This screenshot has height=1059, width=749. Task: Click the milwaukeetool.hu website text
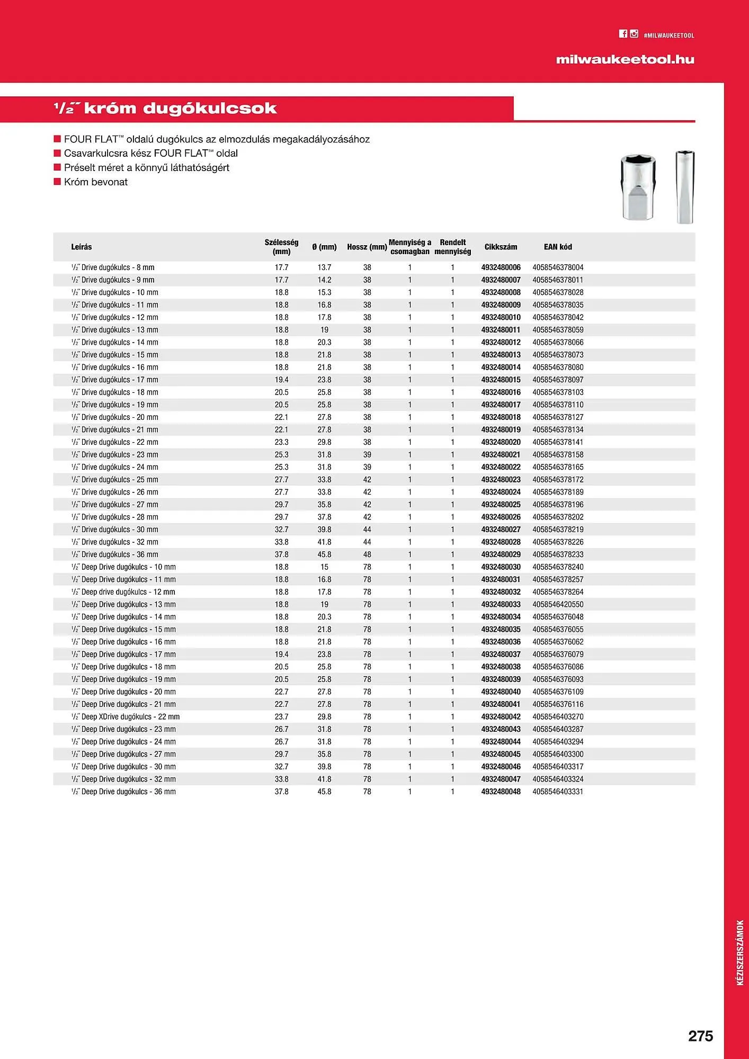pos(625,59)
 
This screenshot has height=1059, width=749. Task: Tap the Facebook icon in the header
pos(623,34)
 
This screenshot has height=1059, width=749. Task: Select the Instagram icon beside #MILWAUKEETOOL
pos(634,34)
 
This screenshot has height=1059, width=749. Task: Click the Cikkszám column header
pos(501,247)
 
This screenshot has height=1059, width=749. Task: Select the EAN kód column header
pos(558,247)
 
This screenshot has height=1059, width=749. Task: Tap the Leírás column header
pos(82,247)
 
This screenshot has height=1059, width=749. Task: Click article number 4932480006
pos(501,267)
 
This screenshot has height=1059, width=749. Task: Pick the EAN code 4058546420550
pos(558,604)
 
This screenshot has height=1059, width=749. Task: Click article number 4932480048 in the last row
pos(501,792)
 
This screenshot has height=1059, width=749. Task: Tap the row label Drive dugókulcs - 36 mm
pos(115,554)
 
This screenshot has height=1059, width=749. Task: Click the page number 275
pos(700,1036)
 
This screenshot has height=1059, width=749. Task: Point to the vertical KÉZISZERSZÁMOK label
pos(741,953)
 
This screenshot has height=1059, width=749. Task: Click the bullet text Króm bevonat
pos(95,182)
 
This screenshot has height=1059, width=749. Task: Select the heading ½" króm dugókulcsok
pos(165,109)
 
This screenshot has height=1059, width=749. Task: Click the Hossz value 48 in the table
pos(367,554)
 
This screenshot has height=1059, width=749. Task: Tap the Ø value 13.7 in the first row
pos(324,267)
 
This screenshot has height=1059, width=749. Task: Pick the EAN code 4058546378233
pos(558,554)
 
